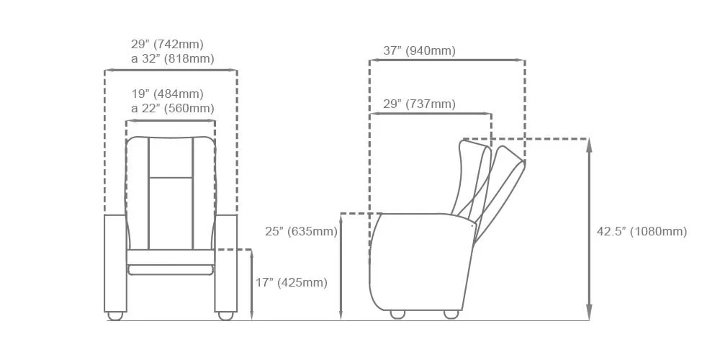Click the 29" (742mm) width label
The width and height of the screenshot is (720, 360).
pyautogui.click(x=167, y=45)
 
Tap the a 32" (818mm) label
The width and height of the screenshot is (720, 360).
pyautogui.click(x=173, y=59)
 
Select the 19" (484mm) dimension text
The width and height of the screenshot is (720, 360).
pyautogui.click(x=167, y=94)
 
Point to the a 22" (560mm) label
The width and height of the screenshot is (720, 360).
pyautogui.click(x=173, y=109)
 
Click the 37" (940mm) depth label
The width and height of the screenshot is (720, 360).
pyautogui.click(x=419, y=50)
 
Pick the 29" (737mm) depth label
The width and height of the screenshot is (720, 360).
pyautogui.click(x=419, y=104)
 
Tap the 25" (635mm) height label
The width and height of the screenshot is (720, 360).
pyautogui.click(x=301, y=231)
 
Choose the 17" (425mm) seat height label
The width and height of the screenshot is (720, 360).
pyautogui.click(x=292, y=283)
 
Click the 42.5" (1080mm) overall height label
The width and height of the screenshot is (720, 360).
pyautogui.click(x=642, y=231)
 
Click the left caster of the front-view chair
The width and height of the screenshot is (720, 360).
pyautogui.click(x=114, y=316)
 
